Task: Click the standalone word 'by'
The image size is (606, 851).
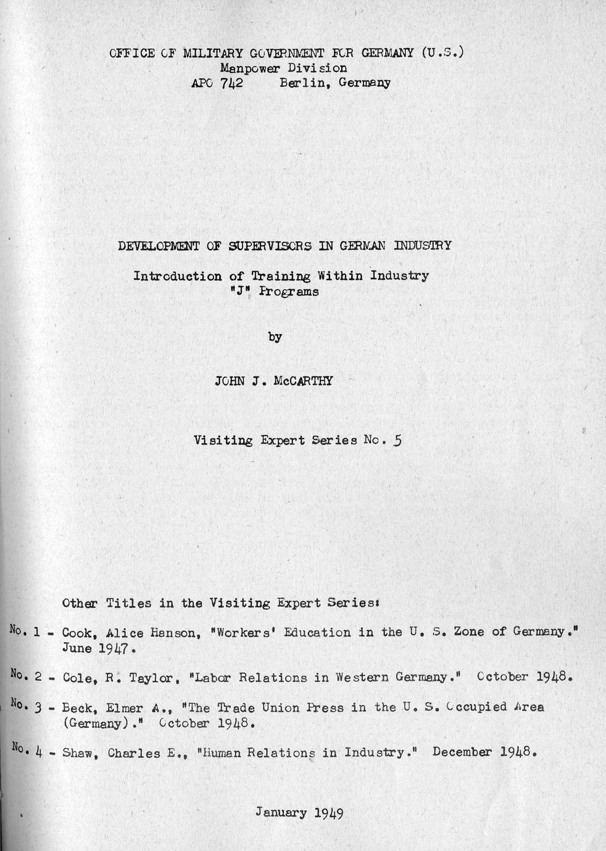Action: point(275,337)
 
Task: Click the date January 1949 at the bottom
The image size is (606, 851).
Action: point(299,812)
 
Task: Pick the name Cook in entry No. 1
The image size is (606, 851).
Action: point(77,633)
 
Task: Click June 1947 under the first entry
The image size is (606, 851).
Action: point(95,649)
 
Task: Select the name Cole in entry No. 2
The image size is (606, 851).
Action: point(77,678)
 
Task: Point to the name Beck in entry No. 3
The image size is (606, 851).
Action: point(77,707)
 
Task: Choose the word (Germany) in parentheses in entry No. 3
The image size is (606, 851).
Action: point(93,723)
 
